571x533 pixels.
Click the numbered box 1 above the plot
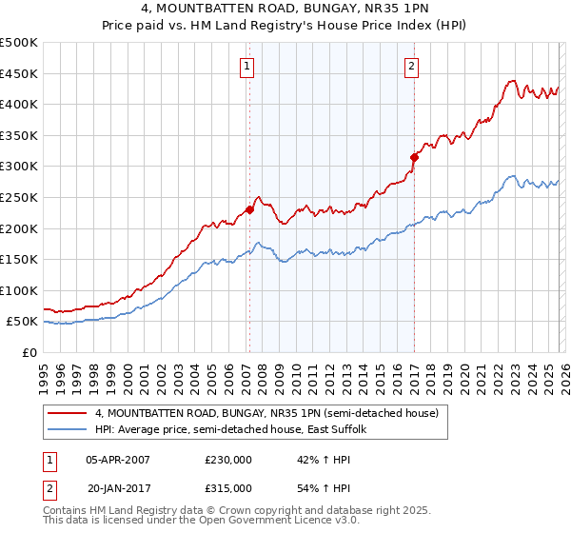(x=246, y=67)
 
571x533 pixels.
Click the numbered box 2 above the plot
(x=411, y=67)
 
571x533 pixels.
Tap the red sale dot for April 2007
(x=249, y=209)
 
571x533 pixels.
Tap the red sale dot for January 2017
(x=415, y=157)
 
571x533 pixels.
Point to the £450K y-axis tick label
(x=19, y=73)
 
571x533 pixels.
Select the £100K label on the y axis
(x=19, y=290)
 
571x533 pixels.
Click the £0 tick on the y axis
(x=30, y=353)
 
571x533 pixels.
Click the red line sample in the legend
(x=68, y=414)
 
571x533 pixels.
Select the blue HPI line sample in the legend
(x=68, y=430)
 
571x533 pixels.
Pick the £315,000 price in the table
(x=228, y=488)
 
